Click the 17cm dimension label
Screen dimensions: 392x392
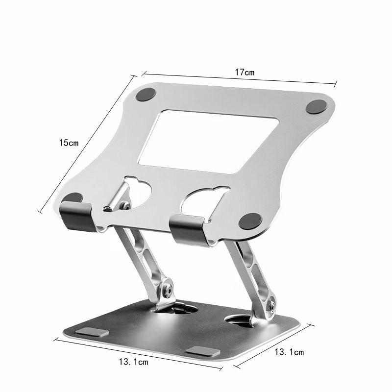[x=245, y=73]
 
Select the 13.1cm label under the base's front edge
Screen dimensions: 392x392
[x=133, y=362]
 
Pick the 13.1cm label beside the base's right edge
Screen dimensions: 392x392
[x=289, y=352]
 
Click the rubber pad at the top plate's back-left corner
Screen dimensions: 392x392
[x=146, y=95]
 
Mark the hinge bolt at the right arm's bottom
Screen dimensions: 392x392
[x=270, y=307]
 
